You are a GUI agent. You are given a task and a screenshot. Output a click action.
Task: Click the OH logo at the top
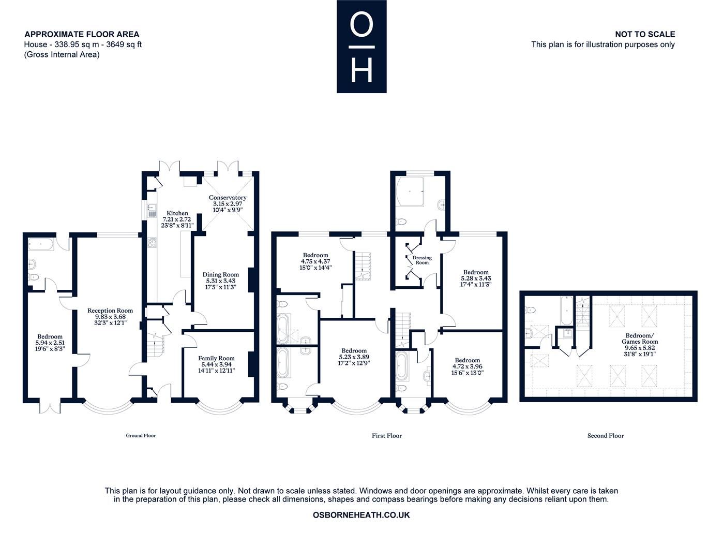point(361,47)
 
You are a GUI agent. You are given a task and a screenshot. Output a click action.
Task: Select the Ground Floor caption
point(141,436)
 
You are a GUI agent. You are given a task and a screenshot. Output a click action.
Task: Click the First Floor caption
point(387,436)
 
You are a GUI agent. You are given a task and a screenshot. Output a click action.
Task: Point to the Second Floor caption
point(606,436)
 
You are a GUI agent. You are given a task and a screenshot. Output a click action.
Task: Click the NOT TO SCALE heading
point(644,34)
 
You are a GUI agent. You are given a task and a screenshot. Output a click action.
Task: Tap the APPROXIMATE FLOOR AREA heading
point(82,34)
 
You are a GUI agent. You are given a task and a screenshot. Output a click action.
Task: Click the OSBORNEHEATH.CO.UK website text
point(361,515)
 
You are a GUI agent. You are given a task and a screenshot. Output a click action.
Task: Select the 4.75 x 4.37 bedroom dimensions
point(315,261)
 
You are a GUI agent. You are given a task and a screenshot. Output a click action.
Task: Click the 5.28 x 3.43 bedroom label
point(476,278)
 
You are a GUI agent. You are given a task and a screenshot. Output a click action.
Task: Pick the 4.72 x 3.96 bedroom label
point(467,366)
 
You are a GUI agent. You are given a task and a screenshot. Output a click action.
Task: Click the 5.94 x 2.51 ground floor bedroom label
point(49,343)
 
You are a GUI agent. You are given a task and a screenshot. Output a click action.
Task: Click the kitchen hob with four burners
point(153,242)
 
